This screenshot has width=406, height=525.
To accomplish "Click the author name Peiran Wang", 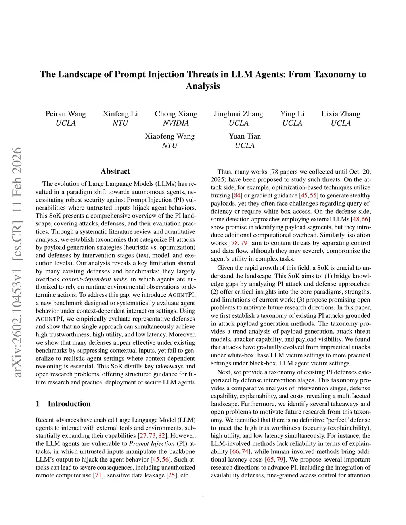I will pyautogui.click(x=65, y=114).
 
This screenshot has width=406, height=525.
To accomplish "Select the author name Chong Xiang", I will pyautogui.click(x=176, y=114).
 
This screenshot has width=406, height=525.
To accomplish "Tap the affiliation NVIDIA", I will pyautogui.click(x=176, y=123).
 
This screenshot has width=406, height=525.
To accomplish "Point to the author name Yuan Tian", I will pyautogui.click(x=245, y=136).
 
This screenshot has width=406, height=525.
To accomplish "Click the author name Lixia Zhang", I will pyautogui.click(x=341, y=114).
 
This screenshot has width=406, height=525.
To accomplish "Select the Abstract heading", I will pyautogui.click(x=115, y=171).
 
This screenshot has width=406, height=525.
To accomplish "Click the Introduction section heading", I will pyautogui.click(x=69, y=404).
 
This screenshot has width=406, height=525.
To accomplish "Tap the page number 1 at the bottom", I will pyautogui.click(x=203, y=495).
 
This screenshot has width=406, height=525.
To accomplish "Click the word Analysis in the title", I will pyautogui.click(x=203, y=86).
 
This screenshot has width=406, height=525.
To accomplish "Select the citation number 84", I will pyautogui.click(x=237, y=195).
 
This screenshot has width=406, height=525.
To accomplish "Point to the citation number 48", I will pyautogui.click(x=356, y=219).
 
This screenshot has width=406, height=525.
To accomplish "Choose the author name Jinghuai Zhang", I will pyautogui.click(x=238, y=114).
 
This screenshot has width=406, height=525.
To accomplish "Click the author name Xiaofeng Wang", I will pyautogui.click(x=170, y=136).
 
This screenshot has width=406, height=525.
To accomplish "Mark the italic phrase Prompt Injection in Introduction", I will pyautogui.click(x=152, y=443).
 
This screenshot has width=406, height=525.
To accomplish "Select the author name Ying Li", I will pyautogui.click(x=292, y=114).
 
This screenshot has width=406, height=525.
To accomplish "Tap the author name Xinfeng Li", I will pyautogui.click(x=120, y=114).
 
